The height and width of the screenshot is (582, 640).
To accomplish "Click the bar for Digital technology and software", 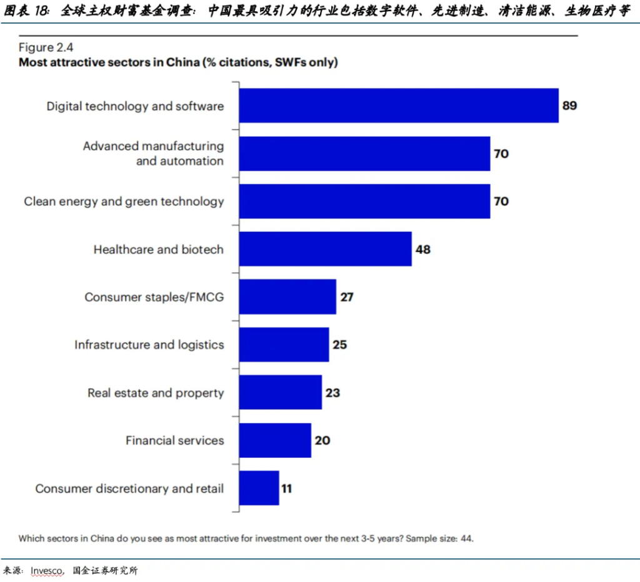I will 399,106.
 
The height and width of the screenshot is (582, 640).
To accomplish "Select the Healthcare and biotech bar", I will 325,249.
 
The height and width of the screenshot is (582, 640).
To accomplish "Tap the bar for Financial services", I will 275,440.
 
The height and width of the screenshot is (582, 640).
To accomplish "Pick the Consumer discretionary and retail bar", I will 259,488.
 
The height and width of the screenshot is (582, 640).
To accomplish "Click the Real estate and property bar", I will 280,393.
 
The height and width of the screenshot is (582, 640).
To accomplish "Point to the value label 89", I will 569,106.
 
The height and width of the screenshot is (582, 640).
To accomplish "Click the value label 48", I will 423,249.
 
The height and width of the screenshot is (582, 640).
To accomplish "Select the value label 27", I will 347,297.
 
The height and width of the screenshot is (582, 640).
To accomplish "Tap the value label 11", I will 286,488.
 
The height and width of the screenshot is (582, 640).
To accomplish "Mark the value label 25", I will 339,345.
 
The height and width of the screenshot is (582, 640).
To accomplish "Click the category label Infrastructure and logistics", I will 149,345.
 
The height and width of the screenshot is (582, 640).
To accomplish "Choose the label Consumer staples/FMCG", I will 154,297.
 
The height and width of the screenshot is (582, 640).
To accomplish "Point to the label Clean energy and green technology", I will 124,201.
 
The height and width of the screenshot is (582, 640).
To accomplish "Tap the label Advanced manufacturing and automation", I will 153,153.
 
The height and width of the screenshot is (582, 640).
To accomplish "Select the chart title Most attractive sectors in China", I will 178,62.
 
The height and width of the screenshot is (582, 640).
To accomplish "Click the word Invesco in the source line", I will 47,570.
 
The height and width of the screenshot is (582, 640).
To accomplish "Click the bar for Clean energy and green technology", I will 364,201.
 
